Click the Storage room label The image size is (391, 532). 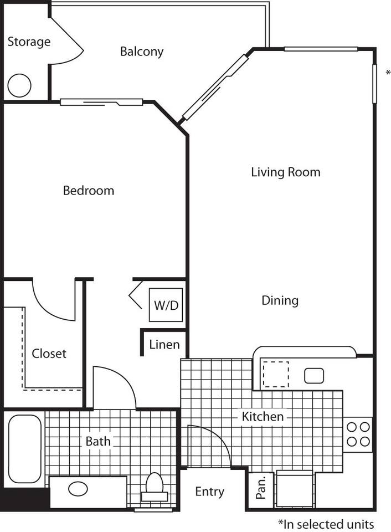coord(29,42)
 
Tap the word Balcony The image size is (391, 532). coord(142,52)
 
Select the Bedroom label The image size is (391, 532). coord(89,191)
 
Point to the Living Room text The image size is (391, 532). coord(285,172)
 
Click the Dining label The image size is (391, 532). coord(280,300)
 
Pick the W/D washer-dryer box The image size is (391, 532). coord(166,305)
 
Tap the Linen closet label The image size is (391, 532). coord(164,345)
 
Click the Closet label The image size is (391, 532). coord(49,354)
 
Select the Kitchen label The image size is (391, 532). coord(263,416)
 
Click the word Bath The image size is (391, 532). coord(97,442)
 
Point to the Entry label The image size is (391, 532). coord(210,492)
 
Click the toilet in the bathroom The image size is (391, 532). coord(154,485)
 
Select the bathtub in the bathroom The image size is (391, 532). coord(24,449)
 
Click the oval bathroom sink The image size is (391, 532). coord(77,489)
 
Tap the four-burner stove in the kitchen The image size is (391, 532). coord(358,434)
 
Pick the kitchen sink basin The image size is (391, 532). coord(314,375)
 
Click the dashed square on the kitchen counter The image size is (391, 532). coord(275,374)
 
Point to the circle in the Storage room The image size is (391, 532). coord(19,85)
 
